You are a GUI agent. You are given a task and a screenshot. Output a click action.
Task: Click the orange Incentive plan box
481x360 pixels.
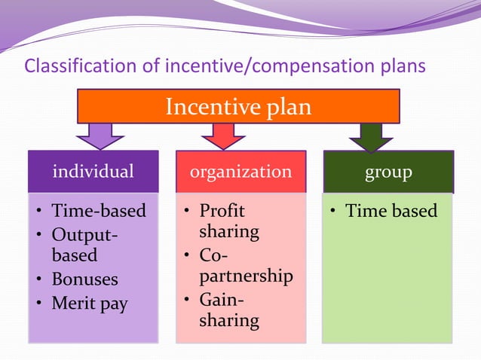coord(238,106)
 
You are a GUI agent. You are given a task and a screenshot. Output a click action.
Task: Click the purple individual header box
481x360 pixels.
coord(93,172)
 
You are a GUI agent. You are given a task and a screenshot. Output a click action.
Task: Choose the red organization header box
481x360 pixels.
coord(240,172)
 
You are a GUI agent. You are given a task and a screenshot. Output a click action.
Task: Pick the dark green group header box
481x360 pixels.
coord(388,172)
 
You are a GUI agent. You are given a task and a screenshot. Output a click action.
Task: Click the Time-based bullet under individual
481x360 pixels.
coord(98,211)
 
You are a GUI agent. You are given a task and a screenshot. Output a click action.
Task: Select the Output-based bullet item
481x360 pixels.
coord(84,245)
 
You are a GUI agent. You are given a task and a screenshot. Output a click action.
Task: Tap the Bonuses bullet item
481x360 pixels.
coord(84,279)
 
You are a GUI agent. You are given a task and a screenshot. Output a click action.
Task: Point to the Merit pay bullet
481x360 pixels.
coord(89,304)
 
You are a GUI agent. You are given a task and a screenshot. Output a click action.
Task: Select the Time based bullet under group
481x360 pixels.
coord(391,211)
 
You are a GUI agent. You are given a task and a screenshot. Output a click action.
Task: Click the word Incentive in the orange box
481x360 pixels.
coord(213,107)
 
